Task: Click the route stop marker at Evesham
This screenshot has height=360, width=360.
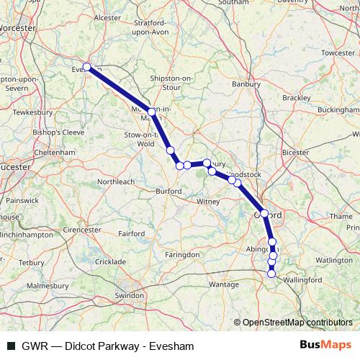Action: [86, 67]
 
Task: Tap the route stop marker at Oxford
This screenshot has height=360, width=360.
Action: [264, 214]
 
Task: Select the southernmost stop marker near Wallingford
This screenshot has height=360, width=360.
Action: [271, 274]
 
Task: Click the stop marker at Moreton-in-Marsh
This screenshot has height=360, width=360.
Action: [152, 111]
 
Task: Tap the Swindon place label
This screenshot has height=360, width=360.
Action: [129, 295]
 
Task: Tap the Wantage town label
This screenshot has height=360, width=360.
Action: [224, 284]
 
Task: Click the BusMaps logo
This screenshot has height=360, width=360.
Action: [325, 346]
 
